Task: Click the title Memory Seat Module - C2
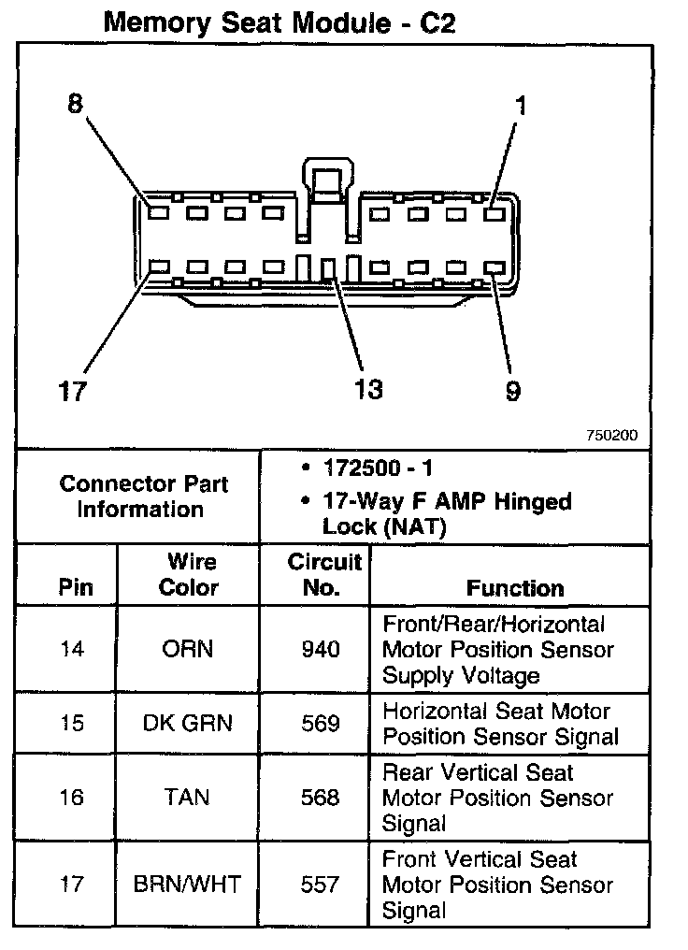[279, 22]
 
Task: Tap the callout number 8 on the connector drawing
[75, 104]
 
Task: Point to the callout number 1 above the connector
[521, 106]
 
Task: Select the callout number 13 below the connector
[368, 388]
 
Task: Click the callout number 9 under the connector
[512, 390]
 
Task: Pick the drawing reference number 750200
[612, 436]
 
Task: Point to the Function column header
[515, 588]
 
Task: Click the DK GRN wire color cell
[187, 723]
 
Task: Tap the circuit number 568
[320, 798]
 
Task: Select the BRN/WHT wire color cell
[188, 884]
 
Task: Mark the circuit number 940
[320, 649]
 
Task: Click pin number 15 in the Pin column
[71, 723]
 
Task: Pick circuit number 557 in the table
[320, 884]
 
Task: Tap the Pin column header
[76, 588]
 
